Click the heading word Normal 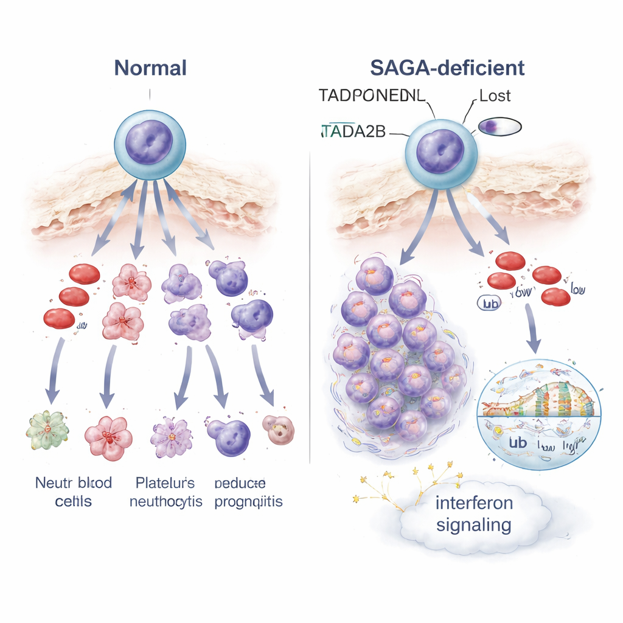click(150, 68)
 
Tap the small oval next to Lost click(500, 127)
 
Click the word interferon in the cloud click(474, 504)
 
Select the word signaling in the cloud click(474, 524)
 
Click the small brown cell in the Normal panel click(279, 430)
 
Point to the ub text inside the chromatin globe click(518, 442)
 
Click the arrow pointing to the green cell click(56, 371)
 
